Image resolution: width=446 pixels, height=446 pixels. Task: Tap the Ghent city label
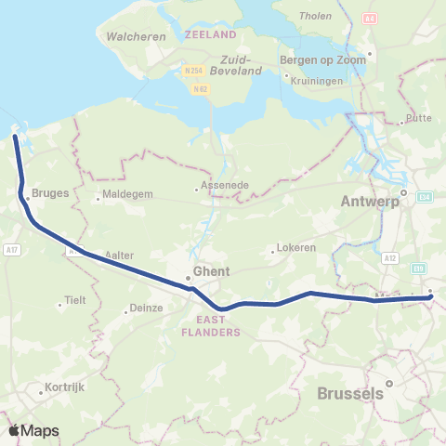click(x=206, y=274)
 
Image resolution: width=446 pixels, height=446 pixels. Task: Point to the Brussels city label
click(x=350, y=393)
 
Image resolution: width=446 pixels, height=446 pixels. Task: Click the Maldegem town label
click(x=126, y=196)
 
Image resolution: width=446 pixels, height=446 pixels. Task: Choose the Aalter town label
click(x=121, y=254)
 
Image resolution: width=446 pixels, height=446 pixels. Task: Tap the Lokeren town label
click(x=297, y=248)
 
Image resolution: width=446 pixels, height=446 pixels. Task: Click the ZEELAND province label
click(x=211, y=34)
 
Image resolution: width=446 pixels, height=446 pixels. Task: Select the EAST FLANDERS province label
click(x=212, y=325)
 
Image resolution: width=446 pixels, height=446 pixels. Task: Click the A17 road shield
click(x=11, y=249)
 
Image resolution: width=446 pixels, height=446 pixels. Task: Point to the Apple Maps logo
click(x=33, y=430)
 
